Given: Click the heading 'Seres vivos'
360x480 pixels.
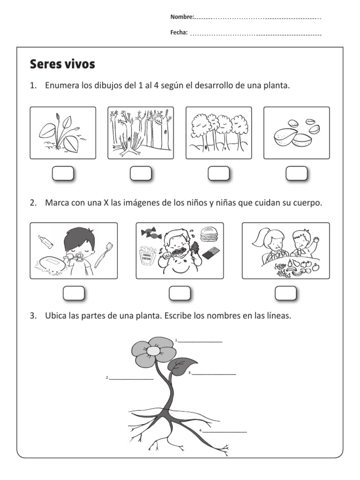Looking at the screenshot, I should [x=62, y=64].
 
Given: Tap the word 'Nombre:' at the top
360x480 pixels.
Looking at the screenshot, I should [x=182, y=17].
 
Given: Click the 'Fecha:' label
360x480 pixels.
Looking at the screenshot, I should [x=179, y=32].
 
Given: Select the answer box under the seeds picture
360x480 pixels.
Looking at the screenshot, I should [x=296, y=173].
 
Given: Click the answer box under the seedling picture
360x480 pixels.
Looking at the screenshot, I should [x=63, y=173].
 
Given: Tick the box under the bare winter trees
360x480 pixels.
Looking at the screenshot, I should [x=141, y=173].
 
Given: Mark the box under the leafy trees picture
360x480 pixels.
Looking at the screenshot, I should [x=218, y=173].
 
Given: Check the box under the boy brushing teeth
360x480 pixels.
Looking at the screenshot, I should [x=74, y=293].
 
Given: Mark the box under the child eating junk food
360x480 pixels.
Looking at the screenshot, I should [x=180, y=293].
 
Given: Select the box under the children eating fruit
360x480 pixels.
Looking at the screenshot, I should [x=285, y=293].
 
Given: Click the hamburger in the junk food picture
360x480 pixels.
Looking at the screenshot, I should [x=207, y=233].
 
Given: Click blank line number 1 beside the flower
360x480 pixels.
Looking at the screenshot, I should [x=200, y=342].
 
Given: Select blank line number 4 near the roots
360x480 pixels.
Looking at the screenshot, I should [x=225, y=431].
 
